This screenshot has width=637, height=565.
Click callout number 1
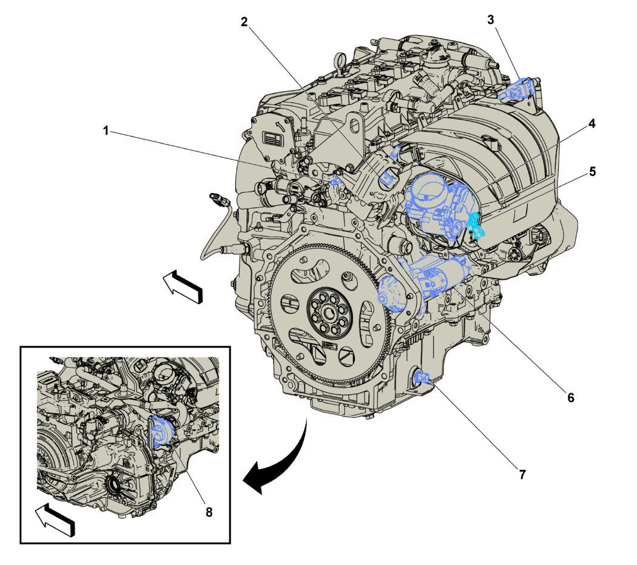coord(106,131)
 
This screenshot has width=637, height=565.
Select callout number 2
coord(244,22)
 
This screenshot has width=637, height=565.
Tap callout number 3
coord(491,19)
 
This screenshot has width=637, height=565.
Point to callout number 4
coord(592,124)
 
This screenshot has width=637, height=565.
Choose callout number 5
coord(593,172)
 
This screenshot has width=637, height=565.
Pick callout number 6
coord(571,398)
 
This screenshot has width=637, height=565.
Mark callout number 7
coord(522,474)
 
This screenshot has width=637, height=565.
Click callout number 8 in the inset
coord(209,512)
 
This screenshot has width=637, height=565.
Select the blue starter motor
coord(422,280)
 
